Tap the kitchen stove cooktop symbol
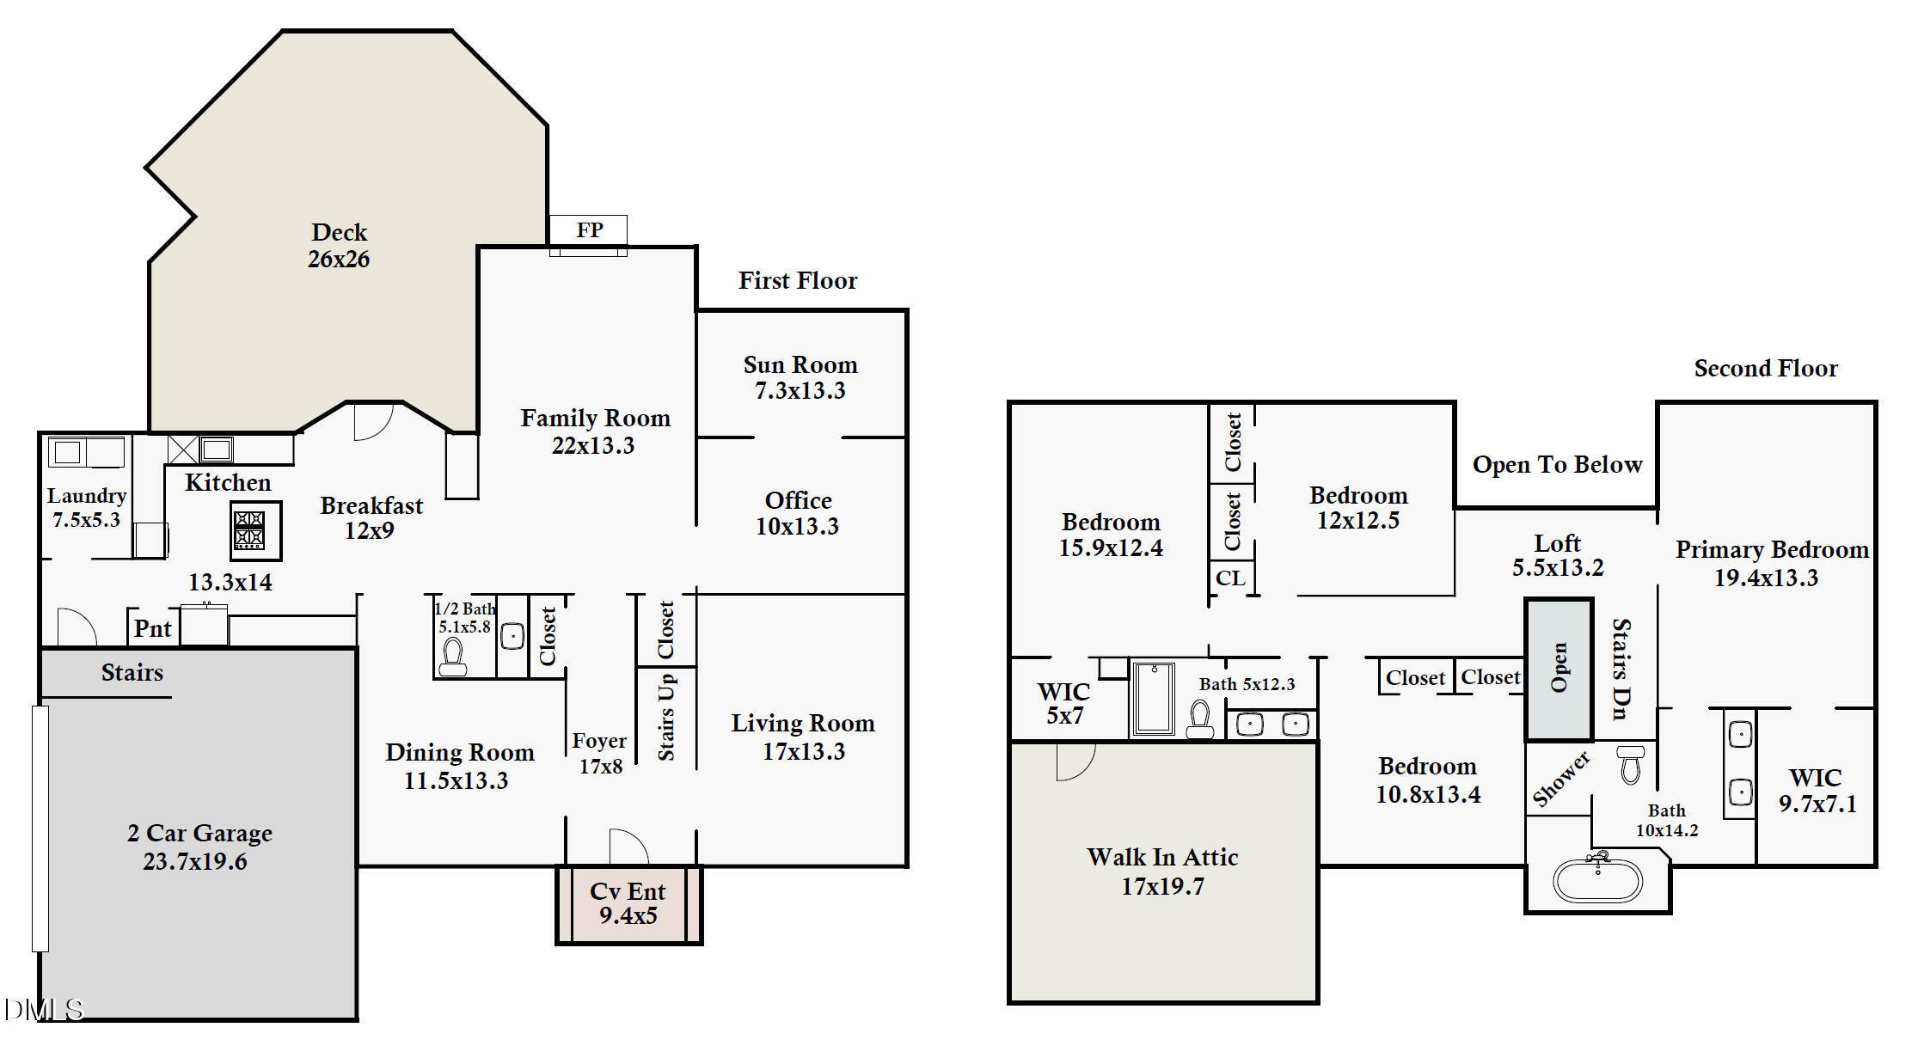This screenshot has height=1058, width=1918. tap(255, 530)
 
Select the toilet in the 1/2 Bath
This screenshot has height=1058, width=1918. tap(452, 657)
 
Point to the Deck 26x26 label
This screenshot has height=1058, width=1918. tap(339, 245)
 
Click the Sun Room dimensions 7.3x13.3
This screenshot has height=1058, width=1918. tap(800, 391)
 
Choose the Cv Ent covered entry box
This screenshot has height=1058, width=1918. tap(629, 904)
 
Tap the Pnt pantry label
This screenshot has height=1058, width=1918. tap(153, 629)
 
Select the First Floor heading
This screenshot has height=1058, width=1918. tap(798, 281)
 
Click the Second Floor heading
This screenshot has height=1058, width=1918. tap(1766, 369)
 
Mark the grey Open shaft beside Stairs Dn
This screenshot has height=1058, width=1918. tap(1560, 669)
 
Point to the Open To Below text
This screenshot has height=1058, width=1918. tap(1557, 465)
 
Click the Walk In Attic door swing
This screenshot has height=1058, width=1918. tap(1075, 761)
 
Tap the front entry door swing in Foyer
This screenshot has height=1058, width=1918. tap(628, 846)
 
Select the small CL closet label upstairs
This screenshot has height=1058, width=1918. tap(1230, 578)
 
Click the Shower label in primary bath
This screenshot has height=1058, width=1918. tap(1561, 780)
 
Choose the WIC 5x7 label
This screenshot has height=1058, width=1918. tap(1064, 704)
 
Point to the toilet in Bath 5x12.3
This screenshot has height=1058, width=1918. tap(1200, 720)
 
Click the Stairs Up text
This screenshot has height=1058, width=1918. tap(666, 717)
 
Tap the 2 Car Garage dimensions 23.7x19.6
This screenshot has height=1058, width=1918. tap(195, 862)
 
